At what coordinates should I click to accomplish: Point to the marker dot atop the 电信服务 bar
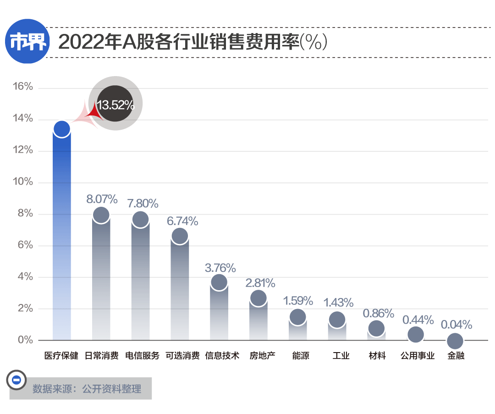(x=140, y=219)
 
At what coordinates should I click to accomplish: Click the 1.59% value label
(x=297, y=301)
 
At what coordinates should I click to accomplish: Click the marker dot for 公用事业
(x=416, y=334)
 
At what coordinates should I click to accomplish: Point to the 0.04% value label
(x=456, y=325)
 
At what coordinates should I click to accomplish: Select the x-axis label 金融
(x=456, y=356)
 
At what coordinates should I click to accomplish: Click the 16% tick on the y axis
(x=22, y=87)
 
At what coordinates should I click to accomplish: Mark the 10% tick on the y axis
(x=22, y=182)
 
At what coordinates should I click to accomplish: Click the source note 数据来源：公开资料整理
(x=87, y=389)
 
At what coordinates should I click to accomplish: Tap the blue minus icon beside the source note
(x=16, y=380)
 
